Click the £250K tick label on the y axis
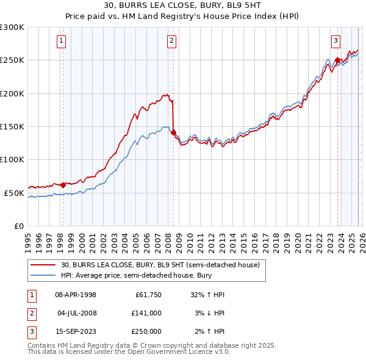12,60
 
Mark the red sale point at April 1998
63,184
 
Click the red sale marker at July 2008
173,132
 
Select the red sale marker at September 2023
337,60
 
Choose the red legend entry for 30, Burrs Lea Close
160,265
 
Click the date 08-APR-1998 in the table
75,295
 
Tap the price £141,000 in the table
146,313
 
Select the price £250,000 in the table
146,331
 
